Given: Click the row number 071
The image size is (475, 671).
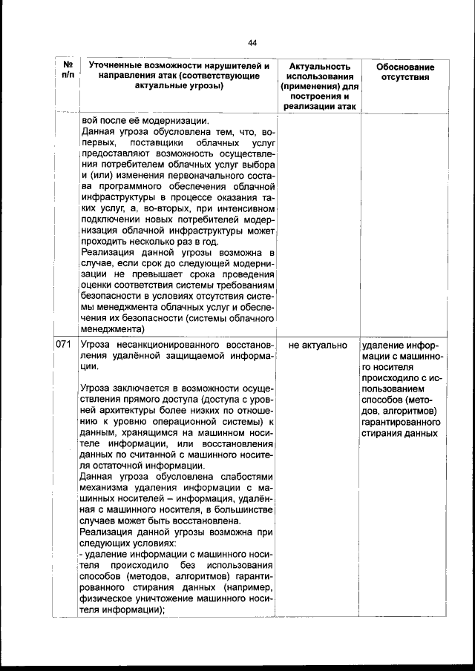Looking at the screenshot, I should (65, 346).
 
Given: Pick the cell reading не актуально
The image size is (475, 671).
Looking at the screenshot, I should (318, 346).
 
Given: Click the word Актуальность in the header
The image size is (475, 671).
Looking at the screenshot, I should (318, 67).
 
